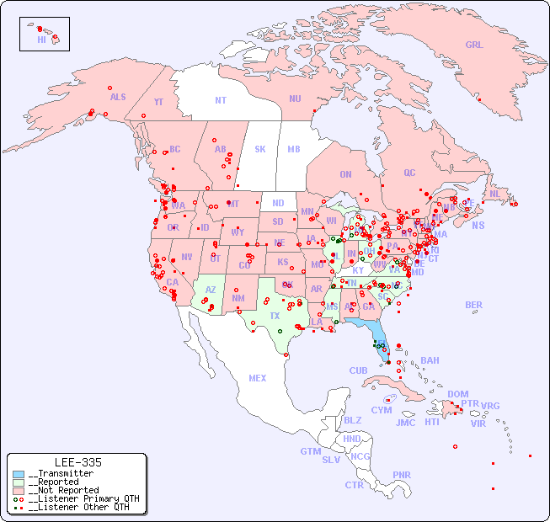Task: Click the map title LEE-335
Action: pyautogui.click(x=77, y=462)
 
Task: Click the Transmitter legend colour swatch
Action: pyautogui.click(x=19, y=474)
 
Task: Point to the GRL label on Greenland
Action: pyautogui.click(x=474, y=45)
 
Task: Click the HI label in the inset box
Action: pyautogui.click(x=41, y=40)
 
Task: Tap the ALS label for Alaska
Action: pyautogui.click(x=118, y=97)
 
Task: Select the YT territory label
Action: pyautogui.click(x=158, y=102)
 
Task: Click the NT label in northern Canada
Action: pyautogui.click(x=221, y=100)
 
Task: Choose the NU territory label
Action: pyautogui.click(x=295, y=99)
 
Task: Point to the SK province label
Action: pyautogui.click(x=260, y=149)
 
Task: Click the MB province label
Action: pyautogui.click(x=294, y=149)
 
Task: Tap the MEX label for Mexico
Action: pyautogui.click(x=258, y=378)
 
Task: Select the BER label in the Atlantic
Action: pyautogui.click(x=474, y=305)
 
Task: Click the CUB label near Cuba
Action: pyautogui.click(x=359, y=370)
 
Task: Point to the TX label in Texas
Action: pyautogui.click(x=275, y=316)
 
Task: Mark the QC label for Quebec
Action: pyautogui.click(x=409, y=173)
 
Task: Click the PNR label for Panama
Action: pyautogui.click(x=402, y=475)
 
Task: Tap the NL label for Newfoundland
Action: pyautogui.click(x=495, y=193)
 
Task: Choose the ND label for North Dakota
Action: pyautogui.click(x=278, y=203)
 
